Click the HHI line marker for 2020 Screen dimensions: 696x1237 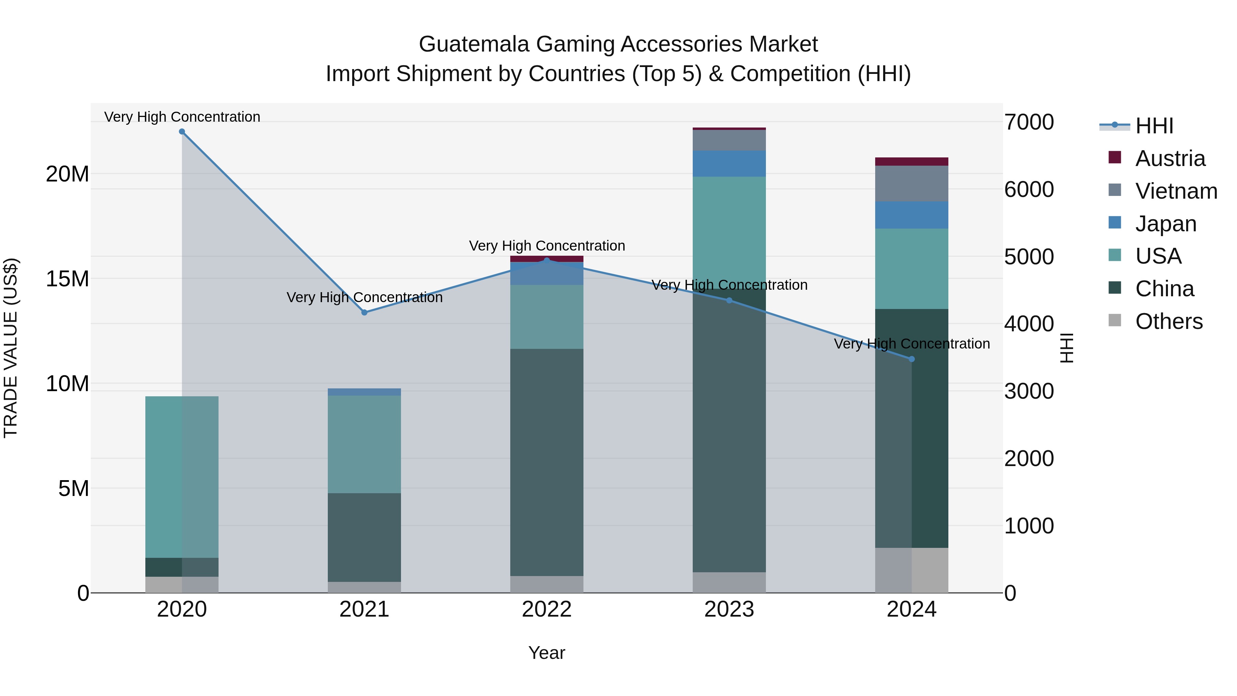click(182, 132)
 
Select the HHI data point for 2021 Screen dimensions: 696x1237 click(365, 313)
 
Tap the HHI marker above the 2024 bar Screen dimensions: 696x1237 click(912, 359)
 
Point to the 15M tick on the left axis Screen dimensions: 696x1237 click(67, 279)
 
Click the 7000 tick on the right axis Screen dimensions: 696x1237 click(1028, 122)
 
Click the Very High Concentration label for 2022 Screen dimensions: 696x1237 click(547, 246)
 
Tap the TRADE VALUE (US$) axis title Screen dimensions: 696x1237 click(11, 348)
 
